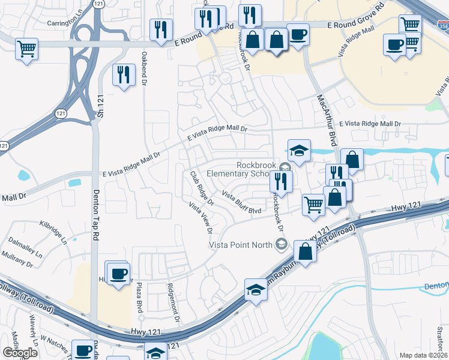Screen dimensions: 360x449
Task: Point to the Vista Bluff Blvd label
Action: pyautogui.click(x=241, y=203)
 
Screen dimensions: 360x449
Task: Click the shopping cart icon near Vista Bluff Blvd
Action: pyautogui.click(x=313, y=204)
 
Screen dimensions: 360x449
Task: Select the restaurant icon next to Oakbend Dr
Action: pyautogui.click(x=124, y=74)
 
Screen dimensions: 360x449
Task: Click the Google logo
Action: pyautogui.click(x=20, y=353)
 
